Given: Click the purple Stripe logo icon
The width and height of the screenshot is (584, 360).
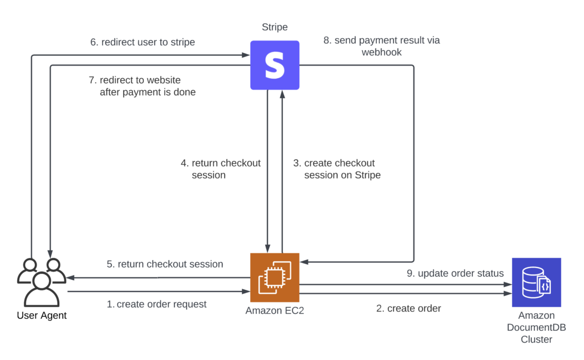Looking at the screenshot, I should (275, 65).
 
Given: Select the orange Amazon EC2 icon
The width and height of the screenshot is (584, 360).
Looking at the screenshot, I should (275, 277).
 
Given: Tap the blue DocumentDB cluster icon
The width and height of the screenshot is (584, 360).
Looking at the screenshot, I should (536, 282).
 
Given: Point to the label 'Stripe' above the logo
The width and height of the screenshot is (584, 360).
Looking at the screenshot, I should (275, 27).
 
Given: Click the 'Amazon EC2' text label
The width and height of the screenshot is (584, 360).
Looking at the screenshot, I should (275, 311).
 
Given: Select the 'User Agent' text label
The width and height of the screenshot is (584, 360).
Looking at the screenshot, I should (42, 315).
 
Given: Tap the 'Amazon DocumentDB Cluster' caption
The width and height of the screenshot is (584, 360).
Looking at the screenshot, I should (536, 327).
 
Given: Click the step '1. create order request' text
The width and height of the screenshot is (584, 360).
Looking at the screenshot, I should (157, 304).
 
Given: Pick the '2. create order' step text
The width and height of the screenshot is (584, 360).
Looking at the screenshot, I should (408, 309).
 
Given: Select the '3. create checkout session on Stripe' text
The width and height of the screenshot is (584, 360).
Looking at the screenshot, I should (337, 169).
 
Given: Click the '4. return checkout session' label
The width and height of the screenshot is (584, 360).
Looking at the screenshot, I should (221, 169).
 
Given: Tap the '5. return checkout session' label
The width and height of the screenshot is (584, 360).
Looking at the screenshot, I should (165, 264).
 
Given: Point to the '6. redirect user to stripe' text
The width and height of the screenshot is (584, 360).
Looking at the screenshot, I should (143, 42).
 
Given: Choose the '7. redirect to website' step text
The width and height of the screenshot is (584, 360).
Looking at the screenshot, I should (143, 86).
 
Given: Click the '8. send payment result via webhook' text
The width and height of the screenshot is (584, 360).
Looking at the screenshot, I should (382, 46).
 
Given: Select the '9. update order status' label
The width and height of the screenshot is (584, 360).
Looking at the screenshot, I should (455, 273).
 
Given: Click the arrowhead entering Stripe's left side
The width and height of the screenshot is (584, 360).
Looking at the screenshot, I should (246, 55).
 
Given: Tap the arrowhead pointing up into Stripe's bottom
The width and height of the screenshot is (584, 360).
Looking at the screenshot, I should (282, 94).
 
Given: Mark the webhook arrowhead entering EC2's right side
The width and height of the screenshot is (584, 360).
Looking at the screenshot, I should (304, 261).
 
